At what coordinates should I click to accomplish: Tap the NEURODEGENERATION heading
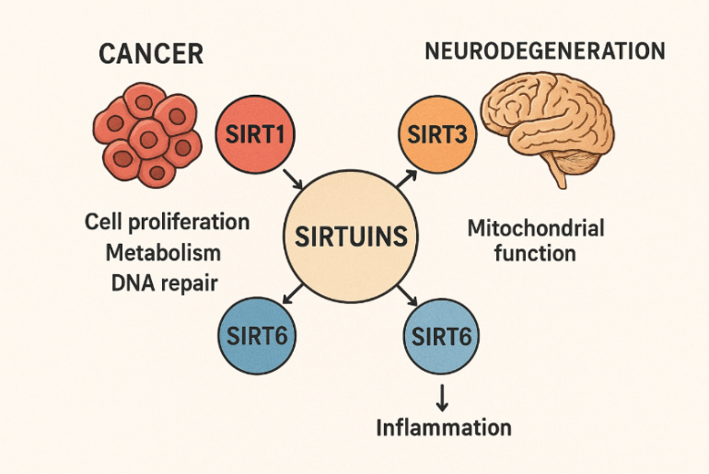coord(544,51)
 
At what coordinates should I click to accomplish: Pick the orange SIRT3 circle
coord(438,137)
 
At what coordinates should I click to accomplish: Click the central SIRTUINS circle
coord(351,237)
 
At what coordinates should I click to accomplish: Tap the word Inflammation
coord(443,427)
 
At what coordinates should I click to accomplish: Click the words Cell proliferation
coord(167,222)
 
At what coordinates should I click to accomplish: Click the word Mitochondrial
coord(535,226)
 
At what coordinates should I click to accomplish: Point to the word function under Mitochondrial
coord(535,252)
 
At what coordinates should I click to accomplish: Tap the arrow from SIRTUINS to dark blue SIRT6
coord(292,294)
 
